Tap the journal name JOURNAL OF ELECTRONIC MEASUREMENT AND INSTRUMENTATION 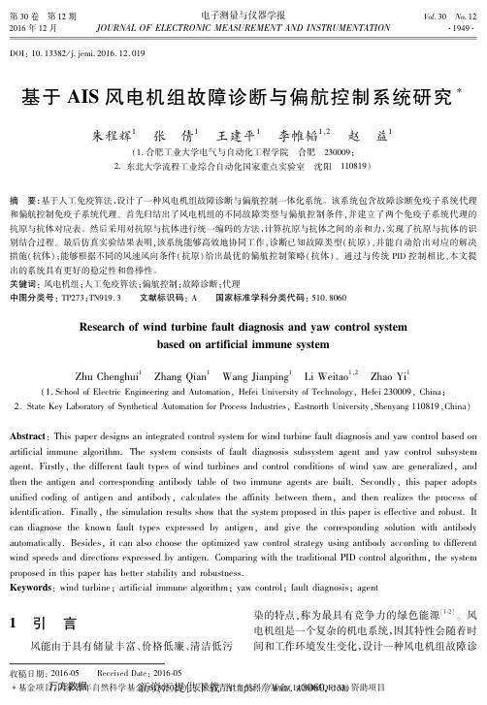pos(243,26)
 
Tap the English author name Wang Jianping pos(252,348)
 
